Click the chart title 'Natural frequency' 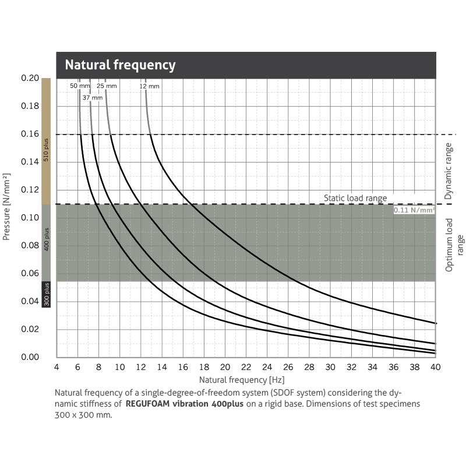120,65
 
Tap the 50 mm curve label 80,86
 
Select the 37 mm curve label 92,98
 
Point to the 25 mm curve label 107,86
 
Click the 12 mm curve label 149,86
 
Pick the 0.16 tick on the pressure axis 29,134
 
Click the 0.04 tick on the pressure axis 29,301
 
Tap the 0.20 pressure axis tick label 29,78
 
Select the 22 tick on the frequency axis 246,367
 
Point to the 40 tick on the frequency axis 435,367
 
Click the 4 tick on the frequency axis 57,367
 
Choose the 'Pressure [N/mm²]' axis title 7,207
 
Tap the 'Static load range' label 355,198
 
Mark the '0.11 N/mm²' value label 414,210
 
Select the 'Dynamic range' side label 448,171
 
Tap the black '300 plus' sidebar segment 47,294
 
